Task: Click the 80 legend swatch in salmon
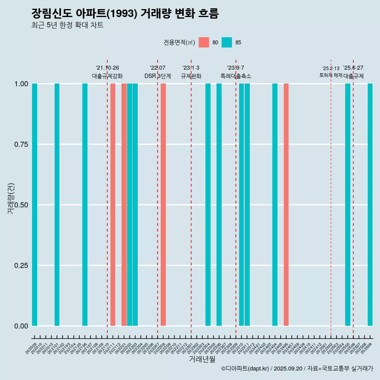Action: pyautogui.click(x=203, y=42)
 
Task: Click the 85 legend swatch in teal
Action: pyautogui.click(x=227, y=42)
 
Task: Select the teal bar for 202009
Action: pyautogui.click(x=34, y=205)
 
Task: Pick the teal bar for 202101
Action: pyautogui.click(x=57, y=205)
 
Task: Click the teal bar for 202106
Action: pyautogui.click(x=85, y=205)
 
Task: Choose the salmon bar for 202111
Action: pyautogui.click(x=113, y=205)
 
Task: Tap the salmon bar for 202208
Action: pyautogui.click(x=163, y=205)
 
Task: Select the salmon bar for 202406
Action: pyautogui.click(x=286, y=205)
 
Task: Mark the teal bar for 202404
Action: pyautogui.click(x=275, y=205)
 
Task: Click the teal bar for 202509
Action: pyautogui.click(x=370, y=205)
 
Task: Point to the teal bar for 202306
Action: pyautogui.click(x=219, y=205)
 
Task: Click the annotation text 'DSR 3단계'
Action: pyautogui.click(x=158, y=76)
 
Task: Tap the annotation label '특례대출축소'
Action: pyautogui.click(x=236, y=76)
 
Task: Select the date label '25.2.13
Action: pyautogui.click(x=331, y=68)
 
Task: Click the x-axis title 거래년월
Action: pyautogui.click(x=202, y=359)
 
